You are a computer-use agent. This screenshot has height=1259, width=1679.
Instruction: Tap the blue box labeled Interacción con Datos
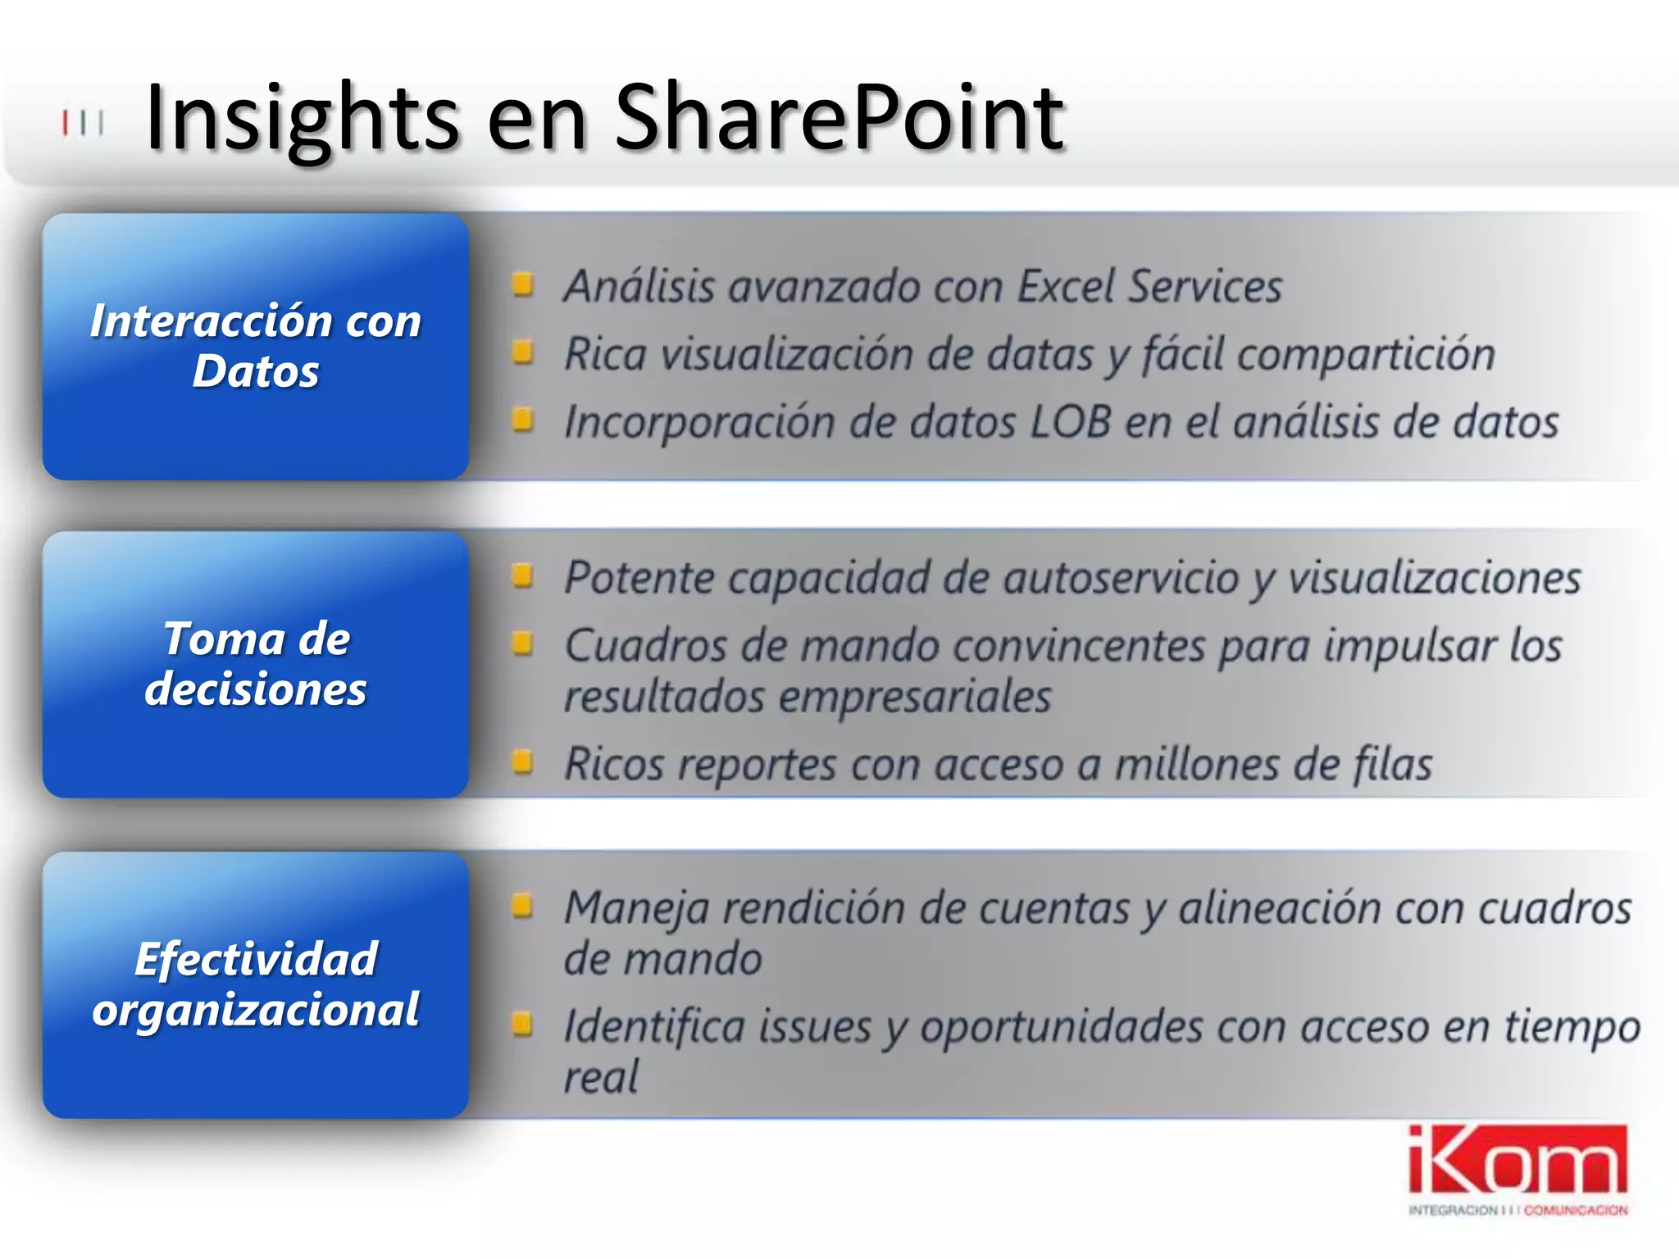256,347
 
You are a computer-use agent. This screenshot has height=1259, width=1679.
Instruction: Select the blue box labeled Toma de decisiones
256,664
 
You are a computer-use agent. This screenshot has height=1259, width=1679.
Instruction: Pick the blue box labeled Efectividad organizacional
256,984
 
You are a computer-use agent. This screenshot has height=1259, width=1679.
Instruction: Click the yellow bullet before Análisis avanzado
522,285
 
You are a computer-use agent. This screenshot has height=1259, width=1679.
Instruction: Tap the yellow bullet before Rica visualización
522,353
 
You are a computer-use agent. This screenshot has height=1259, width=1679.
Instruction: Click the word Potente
640,579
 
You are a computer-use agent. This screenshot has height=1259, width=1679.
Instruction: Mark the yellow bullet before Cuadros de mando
522,644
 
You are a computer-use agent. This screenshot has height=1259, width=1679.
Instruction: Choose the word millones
1198,765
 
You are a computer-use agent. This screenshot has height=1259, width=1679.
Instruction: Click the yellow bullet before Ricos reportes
522,763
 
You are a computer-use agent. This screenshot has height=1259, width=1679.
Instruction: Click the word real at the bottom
601,1077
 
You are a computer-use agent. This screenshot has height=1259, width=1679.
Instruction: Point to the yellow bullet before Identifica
522,1024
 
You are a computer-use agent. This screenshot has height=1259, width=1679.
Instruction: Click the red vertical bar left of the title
65,124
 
